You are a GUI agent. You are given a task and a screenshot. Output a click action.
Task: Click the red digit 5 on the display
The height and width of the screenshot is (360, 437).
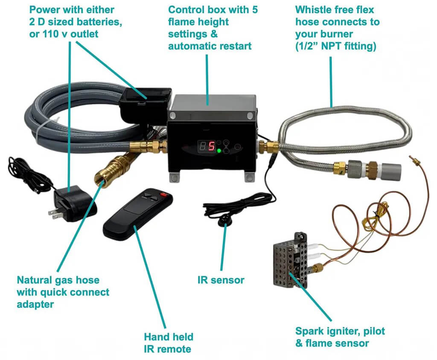(212, 146)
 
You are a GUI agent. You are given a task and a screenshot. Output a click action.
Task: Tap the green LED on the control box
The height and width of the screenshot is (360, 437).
(219, 151)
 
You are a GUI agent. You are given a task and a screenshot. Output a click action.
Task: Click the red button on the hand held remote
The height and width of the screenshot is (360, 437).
(163, 195)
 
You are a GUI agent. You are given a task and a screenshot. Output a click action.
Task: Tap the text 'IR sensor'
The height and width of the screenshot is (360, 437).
(221, 280)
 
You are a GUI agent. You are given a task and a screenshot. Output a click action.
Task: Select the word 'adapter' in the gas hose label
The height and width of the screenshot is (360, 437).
(35, 304)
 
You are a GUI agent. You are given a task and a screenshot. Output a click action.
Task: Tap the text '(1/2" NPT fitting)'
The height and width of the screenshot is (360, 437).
(335, 46)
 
